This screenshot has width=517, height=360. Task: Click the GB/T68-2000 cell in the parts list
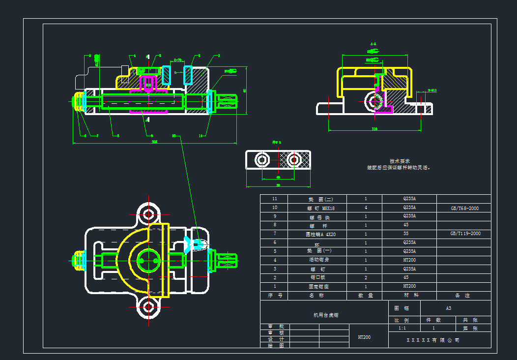464,208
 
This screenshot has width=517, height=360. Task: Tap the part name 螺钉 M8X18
318,208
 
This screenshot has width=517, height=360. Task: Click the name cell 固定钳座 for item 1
318,286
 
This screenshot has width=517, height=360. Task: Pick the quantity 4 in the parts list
365,208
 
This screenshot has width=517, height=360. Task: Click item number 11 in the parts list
275,199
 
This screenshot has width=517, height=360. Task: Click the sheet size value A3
448,308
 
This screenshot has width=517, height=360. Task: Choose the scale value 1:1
402,328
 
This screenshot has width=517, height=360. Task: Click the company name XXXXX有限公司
433,340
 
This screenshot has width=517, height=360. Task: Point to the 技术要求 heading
400,161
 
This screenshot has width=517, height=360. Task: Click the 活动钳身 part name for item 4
318,260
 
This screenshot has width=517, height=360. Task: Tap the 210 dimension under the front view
154,142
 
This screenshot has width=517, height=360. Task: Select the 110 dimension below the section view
374,129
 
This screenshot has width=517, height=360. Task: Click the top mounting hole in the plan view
148,214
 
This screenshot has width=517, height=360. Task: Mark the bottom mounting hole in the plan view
148,307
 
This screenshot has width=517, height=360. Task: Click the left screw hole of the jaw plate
262,160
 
